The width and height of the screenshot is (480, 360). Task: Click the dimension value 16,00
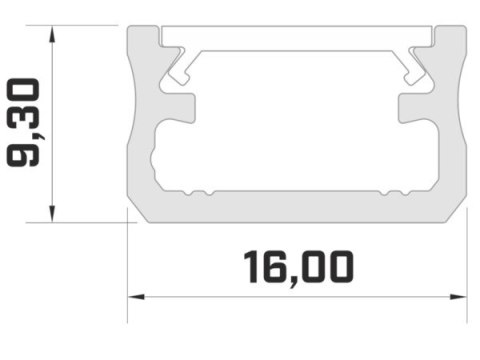298,267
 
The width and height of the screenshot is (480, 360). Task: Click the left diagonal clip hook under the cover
180,68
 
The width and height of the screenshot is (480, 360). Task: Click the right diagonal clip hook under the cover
416,68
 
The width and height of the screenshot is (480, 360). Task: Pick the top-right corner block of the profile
452,40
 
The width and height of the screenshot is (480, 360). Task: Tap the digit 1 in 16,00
252,267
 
